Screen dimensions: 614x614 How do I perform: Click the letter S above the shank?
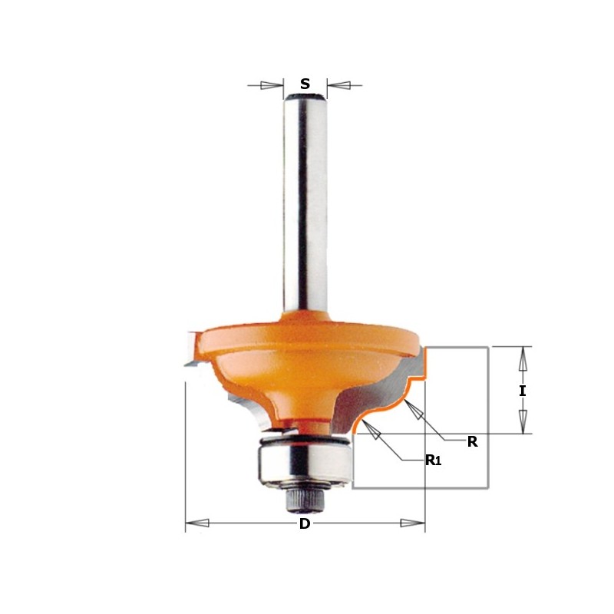305,84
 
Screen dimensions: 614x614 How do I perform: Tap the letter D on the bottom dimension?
305,525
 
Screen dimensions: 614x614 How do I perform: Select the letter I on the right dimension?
523,391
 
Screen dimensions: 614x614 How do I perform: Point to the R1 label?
434,460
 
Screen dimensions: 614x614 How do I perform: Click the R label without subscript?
473,441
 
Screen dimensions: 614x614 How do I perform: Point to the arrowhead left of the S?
271,85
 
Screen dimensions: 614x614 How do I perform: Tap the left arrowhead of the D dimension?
196,525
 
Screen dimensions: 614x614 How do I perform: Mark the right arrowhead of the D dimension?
414,525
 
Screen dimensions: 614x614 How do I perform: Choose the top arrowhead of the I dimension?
523,358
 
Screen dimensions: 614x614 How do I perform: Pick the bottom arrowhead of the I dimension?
523,423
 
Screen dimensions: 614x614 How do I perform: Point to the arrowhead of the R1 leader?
374,434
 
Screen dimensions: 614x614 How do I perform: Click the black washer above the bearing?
303,439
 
